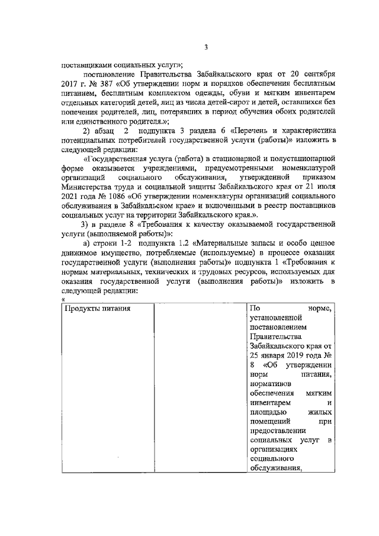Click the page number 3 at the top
[x=205, y=48]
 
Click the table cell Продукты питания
[x=98, y=309]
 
